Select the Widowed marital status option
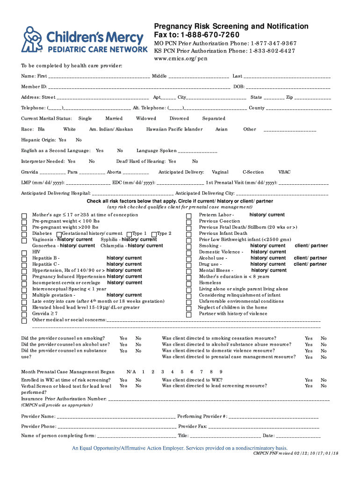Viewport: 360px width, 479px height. tap(146, 119)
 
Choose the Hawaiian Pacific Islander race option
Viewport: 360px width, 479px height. tap(174, 130)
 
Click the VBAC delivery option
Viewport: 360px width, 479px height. tap(284, 172)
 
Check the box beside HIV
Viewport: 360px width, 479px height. tap(24, 253)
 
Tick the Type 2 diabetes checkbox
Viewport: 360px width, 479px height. tap(154, 234)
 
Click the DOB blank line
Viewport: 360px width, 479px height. tap(288, 87)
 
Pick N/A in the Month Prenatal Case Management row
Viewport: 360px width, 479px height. tap(131, 372)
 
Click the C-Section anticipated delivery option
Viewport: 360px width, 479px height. tap(253, 172)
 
